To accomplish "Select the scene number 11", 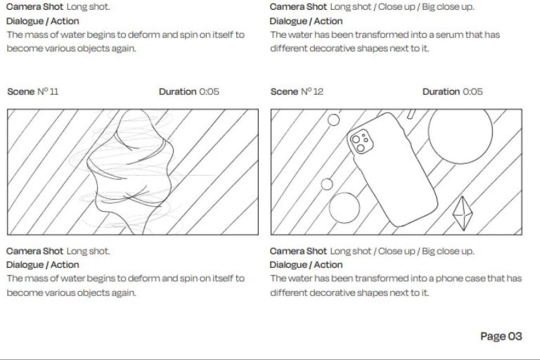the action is [x=53, y=91].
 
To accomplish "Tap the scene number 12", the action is [x=319, y=91].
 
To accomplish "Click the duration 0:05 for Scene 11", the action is [x=209, y=91].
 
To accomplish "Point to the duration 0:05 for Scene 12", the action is [x=472, y=91].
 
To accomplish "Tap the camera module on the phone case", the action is [x=361, y=141].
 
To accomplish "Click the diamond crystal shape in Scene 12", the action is [x=463, y=214].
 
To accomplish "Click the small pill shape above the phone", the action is [x=411, y=114].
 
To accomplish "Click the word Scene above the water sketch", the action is [x=21, y=91].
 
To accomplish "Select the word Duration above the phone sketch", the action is [x=441, y=91].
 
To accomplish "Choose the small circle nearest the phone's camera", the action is [x=333, y=120].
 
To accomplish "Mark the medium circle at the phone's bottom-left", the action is [x=345, y=207].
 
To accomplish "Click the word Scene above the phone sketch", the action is [x=285, y=91].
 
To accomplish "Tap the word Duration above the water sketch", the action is [x=177, y=91].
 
